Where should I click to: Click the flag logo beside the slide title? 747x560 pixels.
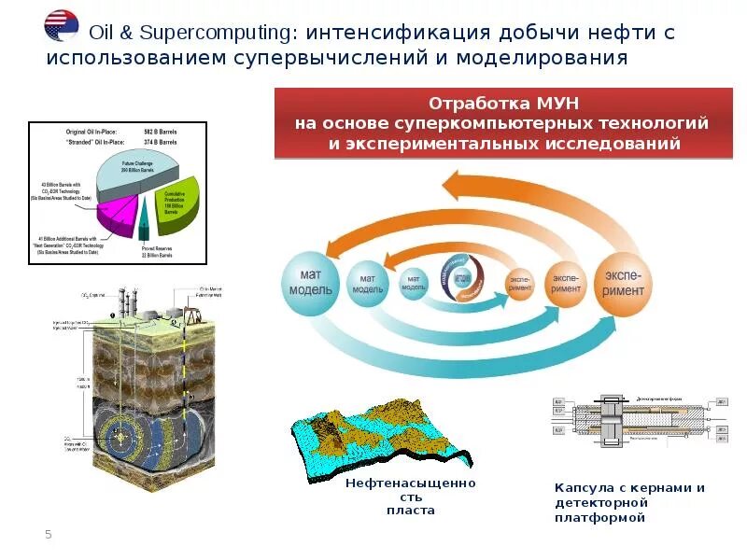click(x=62, y=26)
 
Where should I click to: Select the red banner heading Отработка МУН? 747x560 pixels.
click(x=501, y=103)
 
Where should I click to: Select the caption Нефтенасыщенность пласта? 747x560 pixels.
click(x=410, y=497)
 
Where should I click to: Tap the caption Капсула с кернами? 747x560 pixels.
click(x=629, y=488)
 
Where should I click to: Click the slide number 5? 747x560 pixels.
click(x=49, y=534)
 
